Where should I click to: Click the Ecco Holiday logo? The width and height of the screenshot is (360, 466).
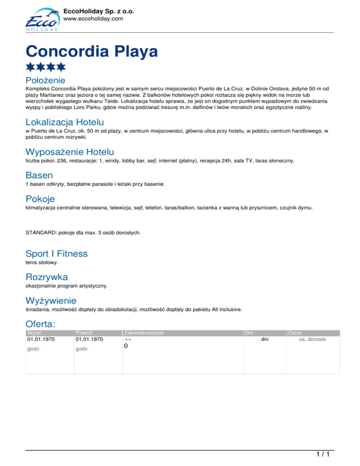41,20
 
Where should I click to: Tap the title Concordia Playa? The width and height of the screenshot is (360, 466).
92,51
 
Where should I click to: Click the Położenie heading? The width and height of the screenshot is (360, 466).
45,81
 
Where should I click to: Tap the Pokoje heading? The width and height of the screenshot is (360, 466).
41,199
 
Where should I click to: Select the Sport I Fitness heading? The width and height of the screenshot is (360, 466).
57,254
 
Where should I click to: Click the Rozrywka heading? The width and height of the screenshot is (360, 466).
47,277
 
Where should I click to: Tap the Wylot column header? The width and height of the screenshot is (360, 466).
34,333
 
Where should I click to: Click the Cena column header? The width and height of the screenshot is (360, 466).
295,333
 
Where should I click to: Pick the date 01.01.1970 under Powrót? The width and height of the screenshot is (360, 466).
90,339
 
